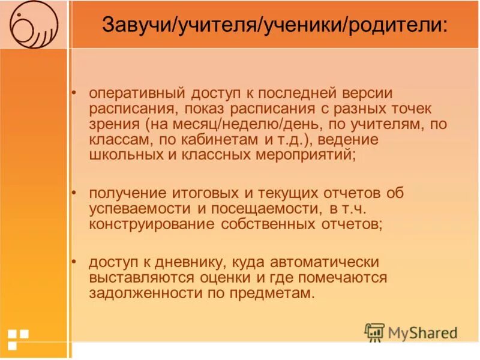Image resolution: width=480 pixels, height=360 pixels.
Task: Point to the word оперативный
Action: tap(136, 94)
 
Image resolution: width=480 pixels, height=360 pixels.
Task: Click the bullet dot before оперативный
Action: tap(74, 94)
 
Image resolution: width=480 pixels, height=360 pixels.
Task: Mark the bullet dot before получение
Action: tap(74, 193)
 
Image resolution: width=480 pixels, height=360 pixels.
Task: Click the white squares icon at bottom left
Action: tap(18, 338)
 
